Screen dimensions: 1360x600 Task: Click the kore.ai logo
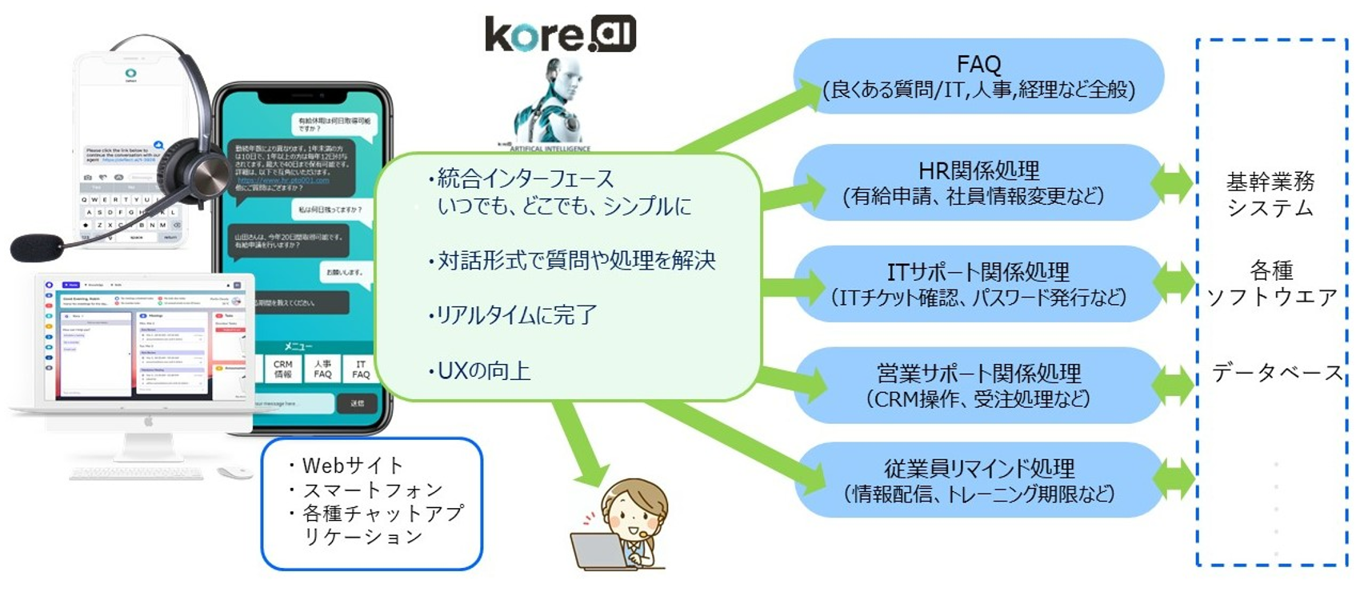560,34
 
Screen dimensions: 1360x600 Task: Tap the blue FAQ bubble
978,76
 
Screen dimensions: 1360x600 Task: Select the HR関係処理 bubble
978,182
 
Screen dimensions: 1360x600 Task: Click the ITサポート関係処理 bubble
978,284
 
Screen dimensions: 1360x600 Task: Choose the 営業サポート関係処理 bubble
978,385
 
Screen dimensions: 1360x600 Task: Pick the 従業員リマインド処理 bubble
978,480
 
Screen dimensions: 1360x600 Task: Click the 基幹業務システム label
1270,194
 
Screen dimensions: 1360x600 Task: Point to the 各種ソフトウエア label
1271,283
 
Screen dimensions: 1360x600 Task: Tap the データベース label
1277,373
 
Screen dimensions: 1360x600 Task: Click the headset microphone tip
36,247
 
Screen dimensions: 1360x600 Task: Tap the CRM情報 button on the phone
282,369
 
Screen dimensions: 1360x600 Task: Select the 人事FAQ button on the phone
322,369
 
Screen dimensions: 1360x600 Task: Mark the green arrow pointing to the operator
579,444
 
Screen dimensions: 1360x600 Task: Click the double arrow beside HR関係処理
1173,182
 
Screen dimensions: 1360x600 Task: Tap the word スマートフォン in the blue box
372,490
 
